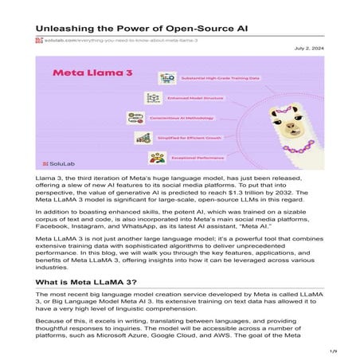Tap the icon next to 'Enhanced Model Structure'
[154, 98]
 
